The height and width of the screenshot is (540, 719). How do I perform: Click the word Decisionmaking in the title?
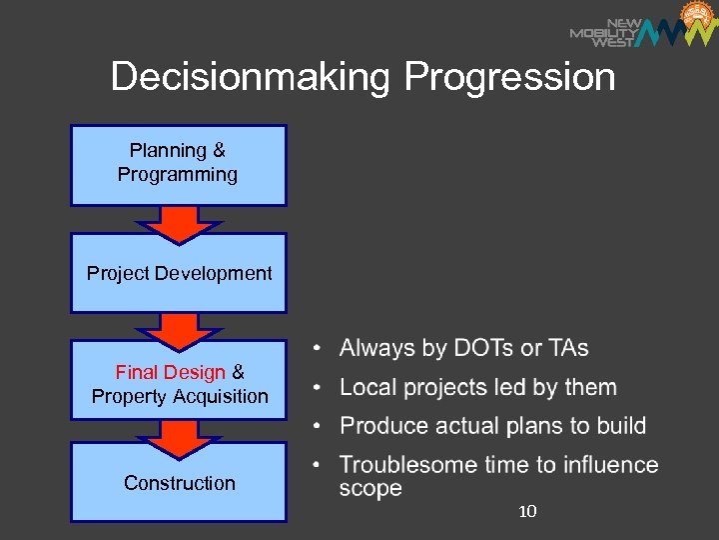(x=251, y=77)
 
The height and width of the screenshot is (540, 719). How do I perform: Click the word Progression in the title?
(x=509, y=77)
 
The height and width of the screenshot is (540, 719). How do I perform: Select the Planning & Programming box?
(x=178, y=164)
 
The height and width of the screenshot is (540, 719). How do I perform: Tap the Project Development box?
(x=178, y=273)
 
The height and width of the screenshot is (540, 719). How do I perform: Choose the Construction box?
(x=179, y=483)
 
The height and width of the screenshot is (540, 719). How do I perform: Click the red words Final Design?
(x=170, y=372)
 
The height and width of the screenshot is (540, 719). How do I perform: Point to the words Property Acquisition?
(x=180, y=396)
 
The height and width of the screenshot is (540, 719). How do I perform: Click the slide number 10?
(x=528, y=512)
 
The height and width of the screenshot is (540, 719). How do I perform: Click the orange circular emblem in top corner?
(x=697, y=17)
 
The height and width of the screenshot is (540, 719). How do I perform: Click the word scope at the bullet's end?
(x=370, y=489)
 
